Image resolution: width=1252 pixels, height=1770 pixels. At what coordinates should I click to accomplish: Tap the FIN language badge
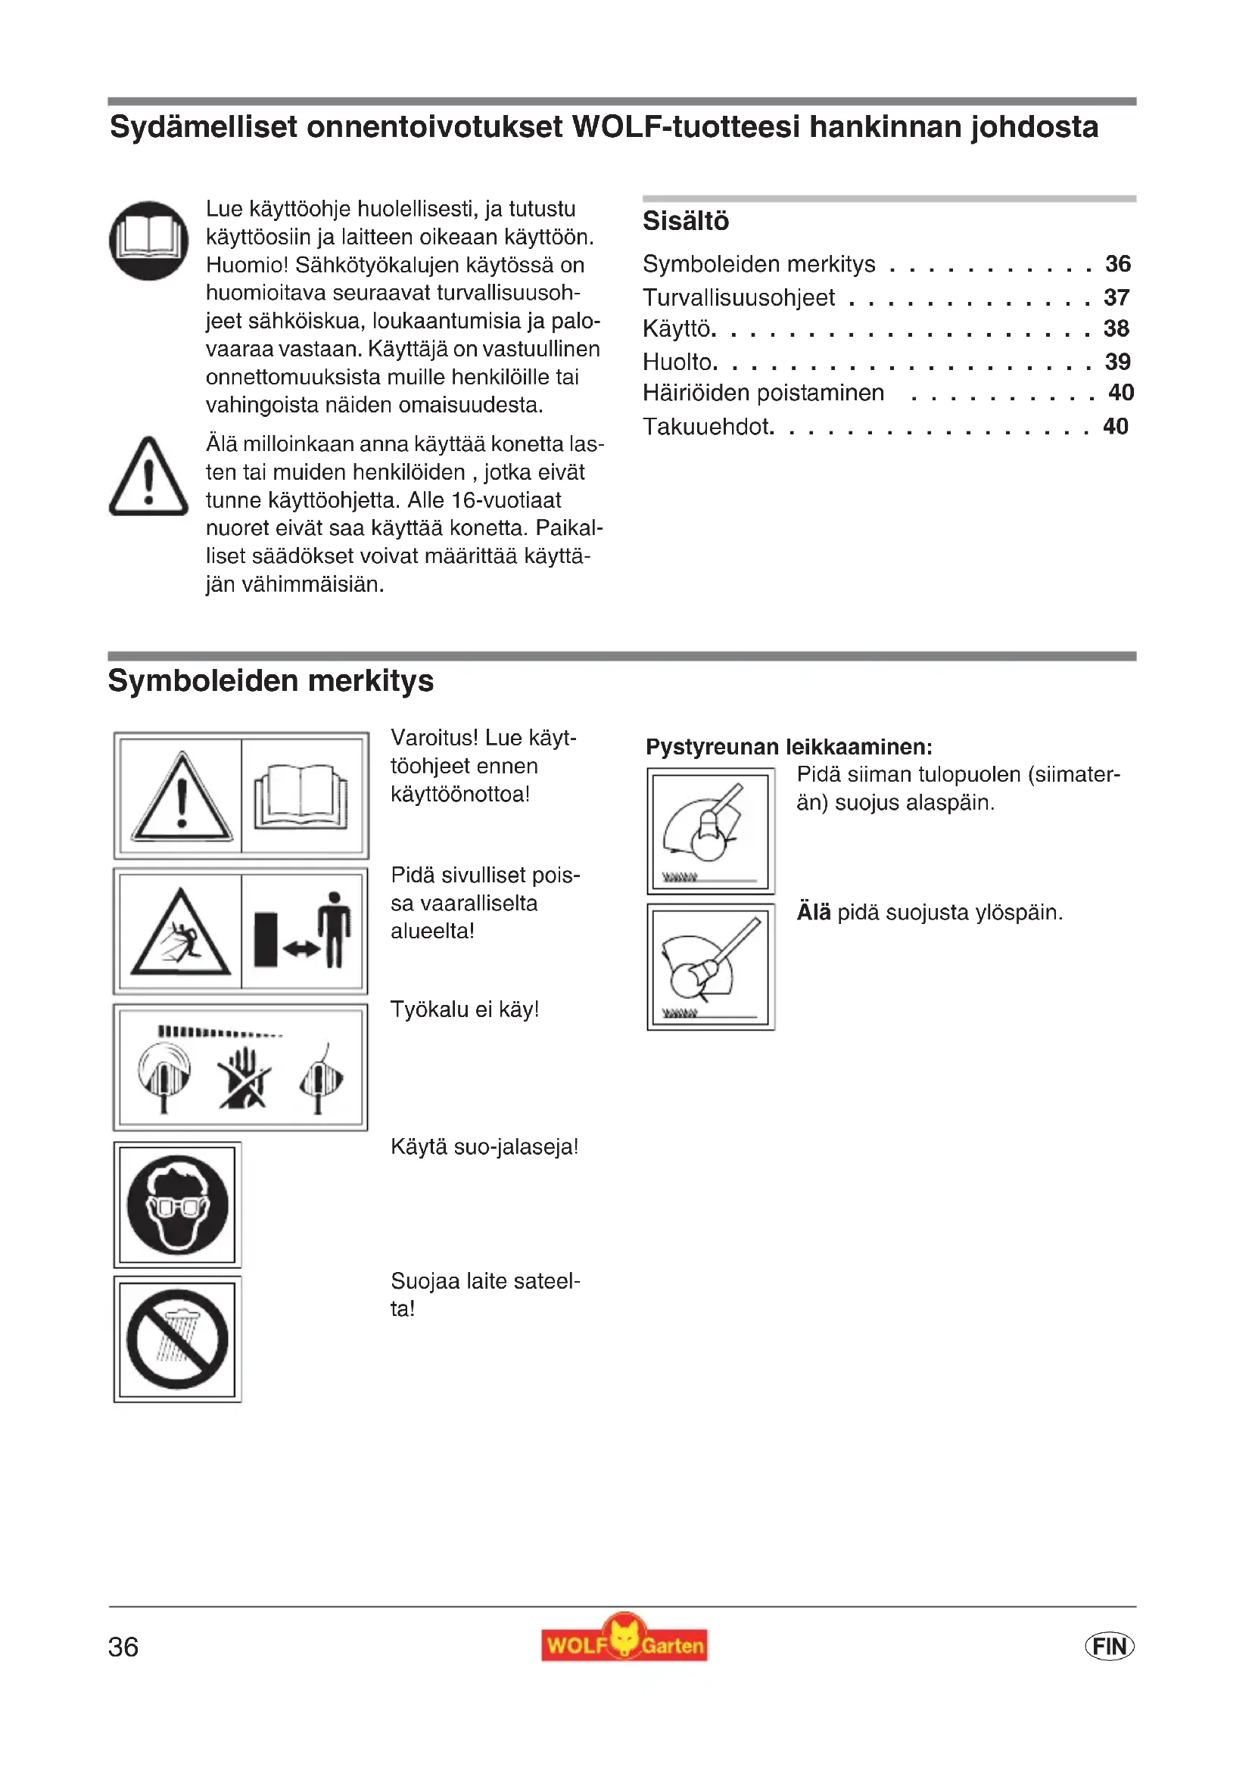pyautogui.click(x=1110, y=1646)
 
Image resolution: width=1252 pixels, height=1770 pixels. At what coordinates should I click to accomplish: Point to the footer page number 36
pyautogui.click(x=123, y=1647)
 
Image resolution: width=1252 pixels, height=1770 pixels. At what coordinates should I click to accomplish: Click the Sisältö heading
pyautogui.click(x=685, y=221)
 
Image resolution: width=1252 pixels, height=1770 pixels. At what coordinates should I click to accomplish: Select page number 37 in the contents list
pyautogui.click(x=1117, y=297)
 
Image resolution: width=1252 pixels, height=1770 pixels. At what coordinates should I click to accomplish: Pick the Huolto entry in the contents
pyautogui.click(x=679, y=362)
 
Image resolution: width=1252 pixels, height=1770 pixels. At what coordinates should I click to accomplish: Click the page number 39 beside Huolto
pyautogui.click(x=1117, y=362)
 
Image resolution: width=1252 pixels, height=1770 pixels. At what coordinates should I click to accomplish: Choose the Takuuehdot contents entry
pyautogui.click(x=708, y=426)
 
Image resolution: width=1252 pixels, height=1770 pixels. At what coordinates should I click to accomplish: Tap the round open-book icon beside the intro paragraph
pyautogui.click(x=149, y=241)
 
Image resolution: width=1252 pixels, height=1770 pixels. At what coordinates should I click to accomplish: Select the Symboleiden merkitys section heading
pyautogui.click(x=270, y=682)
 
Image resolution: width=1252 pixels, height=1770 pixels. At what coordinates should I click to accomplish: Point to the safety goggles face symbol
pyautogui.click(x=178, y=1204)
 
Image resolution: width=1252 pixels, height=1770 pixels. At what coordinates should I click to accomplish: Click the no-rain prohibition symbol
pyautogui.click(x=178, y=1339)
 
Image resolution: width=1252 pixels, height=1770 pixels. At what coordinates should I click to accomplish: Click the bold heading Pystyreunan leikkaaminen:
pyautogui.click(x=789, y=747)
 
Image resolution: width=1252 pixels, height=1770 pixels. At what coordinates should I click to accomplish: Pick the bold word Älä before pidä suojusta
pyautogui.click(x=813, y=913)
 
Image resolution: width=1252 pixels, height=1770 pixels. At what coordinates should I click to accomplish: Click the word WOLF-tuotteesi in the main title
pyautogui.click(x=685, y=127)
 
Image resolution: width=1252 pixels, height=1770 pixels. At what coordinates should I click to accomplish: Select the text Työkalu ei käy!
pyautogui.click(x=465, y=1009)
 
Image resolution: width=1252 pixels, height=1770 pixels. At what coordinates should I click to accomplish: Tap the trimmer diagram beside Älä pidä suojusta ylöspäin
pyautogui.click(x=711, y=966)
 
